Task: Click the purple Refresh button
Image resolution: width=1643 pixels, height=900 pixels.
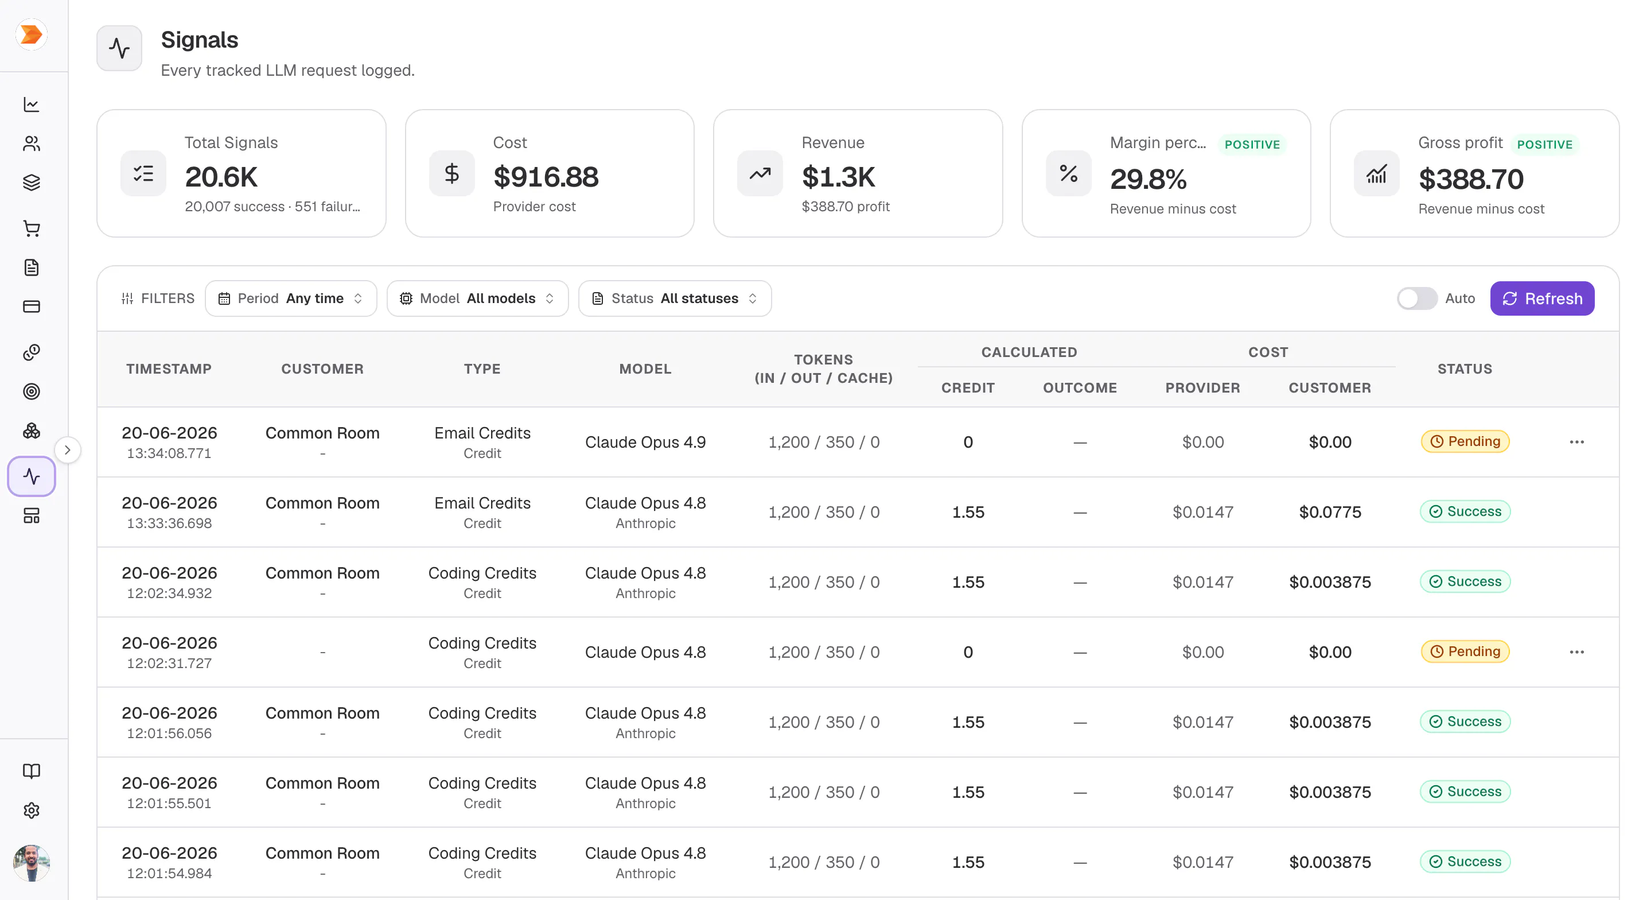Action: [x=1541, y=298]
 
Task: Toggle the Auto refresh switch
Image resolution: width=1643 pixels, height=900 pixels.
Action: [x=1416, y=298]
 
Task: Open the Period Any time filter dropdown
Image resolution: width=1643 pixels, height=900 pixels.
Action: [x=291, y=298]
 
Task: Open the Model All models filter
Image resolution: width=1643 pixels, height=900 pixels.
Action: [x=477, y=298]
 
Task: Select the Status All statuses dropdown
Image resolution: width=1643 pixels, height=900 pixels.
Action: [x=675, y=298]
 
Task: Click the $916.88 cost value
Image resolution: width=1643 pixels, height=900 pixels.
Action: [x=546, y=177]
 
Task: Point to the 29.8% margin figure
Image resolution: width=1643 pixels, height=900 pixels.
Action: [x=1148, y=179]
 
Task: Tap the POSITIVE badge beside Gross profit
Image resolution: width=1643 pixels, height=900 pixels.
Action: [x=1544, y=144]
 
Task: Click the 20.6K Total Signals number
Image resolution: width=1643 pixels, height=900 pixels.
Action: [x=221, y=177]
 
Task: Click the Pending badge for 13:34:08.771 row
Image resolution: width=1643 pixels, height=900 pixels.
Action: [x=1465, y=441]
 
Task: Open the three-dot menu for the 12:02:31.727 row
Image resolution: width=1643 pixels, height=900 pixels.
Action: [x=1576, y=651]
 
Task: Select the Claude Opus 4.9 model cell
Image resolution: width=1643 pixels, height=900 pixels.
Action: [x=645, y=442]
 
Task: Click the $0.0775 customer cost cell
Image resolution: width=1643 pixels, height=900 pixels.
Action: [x=1330, y=512]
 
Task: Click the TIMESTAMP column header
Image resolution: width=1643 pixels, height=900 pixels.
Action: [x=169, y=368]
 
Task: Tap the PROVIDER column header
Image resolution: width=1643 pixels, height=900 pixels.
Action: [x=1203, y=387]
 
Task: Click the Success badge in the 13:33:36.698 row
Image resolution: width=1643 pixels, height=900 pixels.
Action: [x=1465, y=511]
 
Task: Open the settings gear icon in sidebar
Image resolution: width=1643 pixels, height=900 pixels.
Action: [x=31, y=810]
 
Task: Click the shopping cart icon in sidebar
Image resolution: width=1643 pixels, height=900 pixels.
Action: [x=31, y=228]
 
